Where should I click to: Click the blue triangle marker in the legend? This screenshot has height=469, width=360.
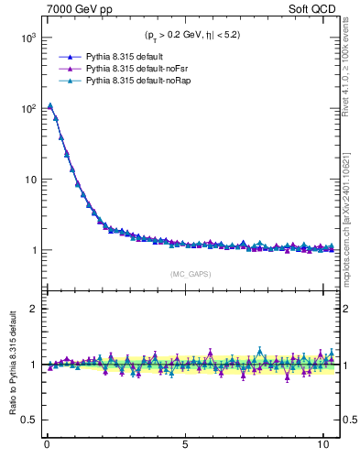pyautogui.click(x=65, y=56)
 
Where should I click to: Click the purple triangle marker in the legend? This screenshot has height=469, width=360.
pyautogui.click(x=65, y=69)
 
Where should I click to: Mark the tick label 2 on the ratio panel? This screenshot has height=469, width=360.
pyautogui.click(x=32, y=309)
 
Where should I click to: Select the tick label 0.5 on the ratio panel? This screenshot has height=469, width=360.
pyautogui.click(x=27, y=420)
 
